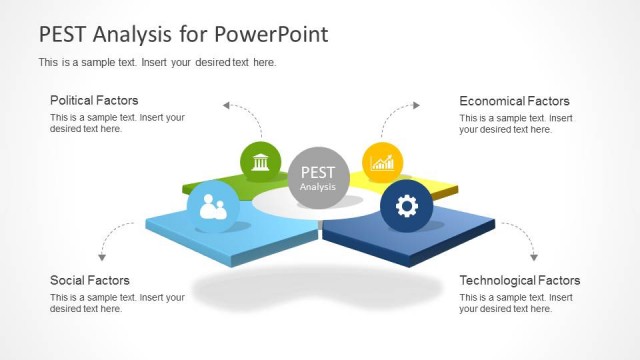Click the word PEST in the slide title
[x=62, y=35]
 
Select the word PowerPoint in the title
[x=270, y=35]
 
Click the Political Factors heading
[x=94, y=100]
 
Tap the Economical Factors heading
[x=514, y=100]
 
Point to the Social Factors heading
[x=89, y=280]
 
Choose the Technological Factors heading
[x=519, y=280]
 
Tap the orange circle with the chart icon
[x=382, y=162]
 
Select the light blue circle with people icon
[x=213, y=207]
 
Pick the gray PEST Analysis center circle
[x=317, y=178]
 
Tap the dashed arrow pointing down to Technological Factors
[x=522, y=238]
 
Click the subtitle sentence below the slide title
[x=157, y=63]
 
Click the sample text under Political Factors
[x=117, y=123]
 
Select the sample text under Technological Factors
[x=516, y=303]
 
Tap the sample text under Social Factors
[x=117, y=303]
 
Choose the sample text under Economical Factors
[x=516, y=123]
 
